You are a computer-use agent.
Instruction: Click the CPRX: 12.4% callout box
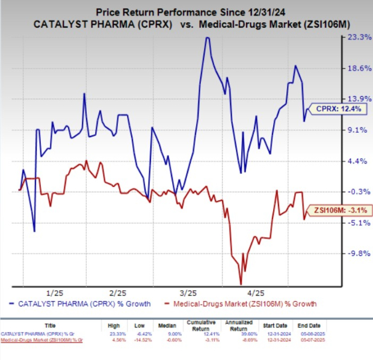pyautogui.click(x=333, y=109)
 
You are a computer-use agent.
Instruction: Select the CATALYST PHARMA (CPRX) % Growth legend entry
pyautogui.click(x=83, y=304)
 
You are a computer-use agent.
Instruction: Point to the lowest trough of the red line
pyautogui.click(x=241, y=284)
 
